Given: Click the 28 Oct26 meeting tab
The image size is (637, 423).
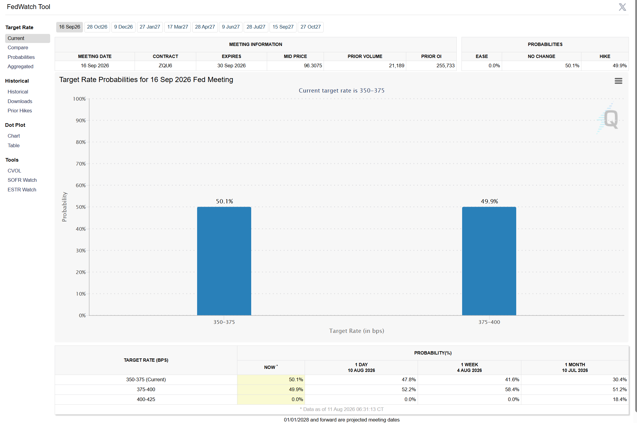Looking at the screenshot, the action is (x=97, y=27).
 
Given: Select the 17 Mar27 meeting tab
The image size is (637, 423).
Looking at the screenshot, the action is (x=178, y=27).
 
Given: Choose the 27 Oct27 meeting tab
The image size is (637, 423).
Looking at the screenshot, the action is (x=311, y=27).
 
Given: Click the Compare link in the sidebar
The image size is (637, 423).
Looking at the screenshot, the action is (x=18, y=48).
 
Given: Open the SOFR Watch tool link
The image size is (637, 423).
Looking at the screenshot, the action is (x=22, y=180).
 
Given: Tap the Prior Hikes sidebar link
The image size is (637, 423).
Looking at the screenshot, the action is (x=20, y=111).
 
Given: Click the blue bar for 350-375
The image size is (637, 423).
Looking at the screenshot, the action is (x=224, y=261).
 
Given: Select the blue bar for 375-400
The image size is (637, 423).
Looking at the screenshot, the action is (x=489, y=261).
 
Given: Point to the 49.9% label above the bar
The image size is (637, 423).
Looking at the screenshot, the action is (x=489, y=201).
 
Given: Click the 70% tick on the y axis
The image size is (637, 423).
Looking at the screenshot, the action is (x=81, y=164).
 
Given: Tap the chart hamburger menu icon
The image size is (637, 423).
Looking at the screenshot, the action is (x=618, y=81).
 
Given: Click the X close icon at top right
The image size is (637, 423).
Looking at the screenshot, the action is (x=623, y=7).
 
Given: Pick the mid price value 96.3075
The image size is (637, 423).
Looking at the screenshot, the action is (x=313, y=66).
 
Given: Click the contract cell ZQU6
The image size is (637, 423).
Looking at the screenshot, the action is (x=165, y=66).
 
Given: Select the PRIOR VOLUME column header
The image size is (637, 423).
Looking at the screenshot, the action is (x=365, y=56).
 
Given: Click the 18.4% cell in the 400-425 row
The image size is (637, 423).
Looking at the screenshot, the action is (x=620, y=400).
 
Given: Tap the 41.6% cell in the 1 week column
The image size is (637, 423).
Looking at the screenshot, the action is (x=512, y=380).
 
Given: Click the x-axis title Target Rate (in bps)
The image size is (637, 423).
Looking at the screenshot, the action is (x=357, y=331).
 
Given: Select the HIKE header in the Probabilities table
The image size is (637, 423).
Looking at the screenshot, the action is (x=605, y=56).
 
